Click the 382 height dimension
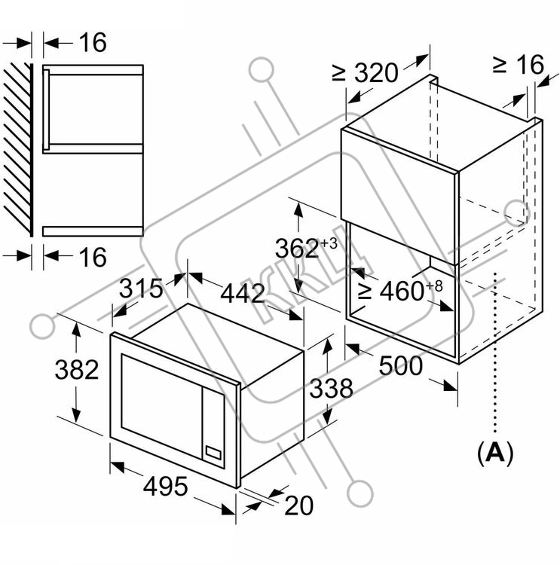pos(77,370)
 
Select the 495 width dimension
pos(166,486)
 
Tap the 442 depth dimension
pos(243,293)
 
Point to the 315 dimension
pos(141,289)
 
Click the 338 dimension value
pos(332,388)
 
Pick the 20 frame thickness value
pos(298,505)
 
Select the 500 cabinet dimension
pos(401,365)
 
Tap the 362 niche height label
pos(297,249)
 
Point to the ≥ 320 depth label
pos(365,73)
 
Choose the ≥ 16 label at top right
pos(519,65)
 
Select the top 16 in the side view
pos(93,42)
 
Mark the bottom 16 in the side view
pos(93,257)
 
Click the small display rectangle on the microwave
pos(213,453)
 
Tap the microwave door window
pos(161,406)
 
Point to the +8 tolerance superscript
pos(434,286)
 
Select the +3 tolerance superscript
pos(329,243)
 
